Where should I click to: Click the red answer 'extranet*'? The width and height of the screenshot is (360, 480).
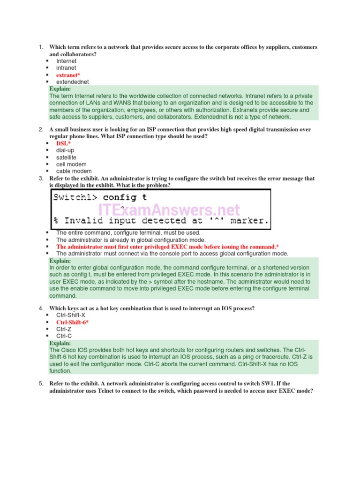pyautogui.click(x=68, y=75)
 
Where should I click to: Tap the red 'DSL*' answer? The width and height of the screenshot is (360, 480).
pyautogui.click(x=64, y=143)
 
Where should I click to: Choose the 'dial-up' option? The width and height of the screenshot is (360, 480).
pyautogui.click(x=65, y=150)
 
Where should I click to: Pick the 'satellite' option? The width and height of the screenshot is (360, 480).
pyautogui.click(x=66, y=157)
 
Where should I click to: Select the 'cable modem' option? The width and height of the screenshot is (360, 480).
pyautogui.click(x=74, y=172)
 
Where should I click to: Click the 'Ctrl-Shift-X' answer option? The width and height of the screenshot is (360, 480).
pyautogui.click(x=71, y=315)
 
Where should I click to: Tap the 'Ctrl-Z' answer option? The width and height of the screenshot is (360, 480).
pyautogui.click(x=64, y=329)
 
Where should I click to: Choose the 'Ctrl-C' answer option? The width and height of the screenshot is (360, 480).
pyautogui.click(x=64, y=336)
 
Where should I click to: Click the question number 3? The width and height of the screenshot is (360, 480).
pyautogui.click(x=41, y=179)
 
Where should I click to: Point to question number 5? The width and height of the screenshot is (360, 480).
pyautogui.click(x=41, y=383)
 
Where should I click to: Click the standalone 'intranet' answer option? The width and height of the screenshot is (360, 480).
pyautogui.click(x=66, y=68)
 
